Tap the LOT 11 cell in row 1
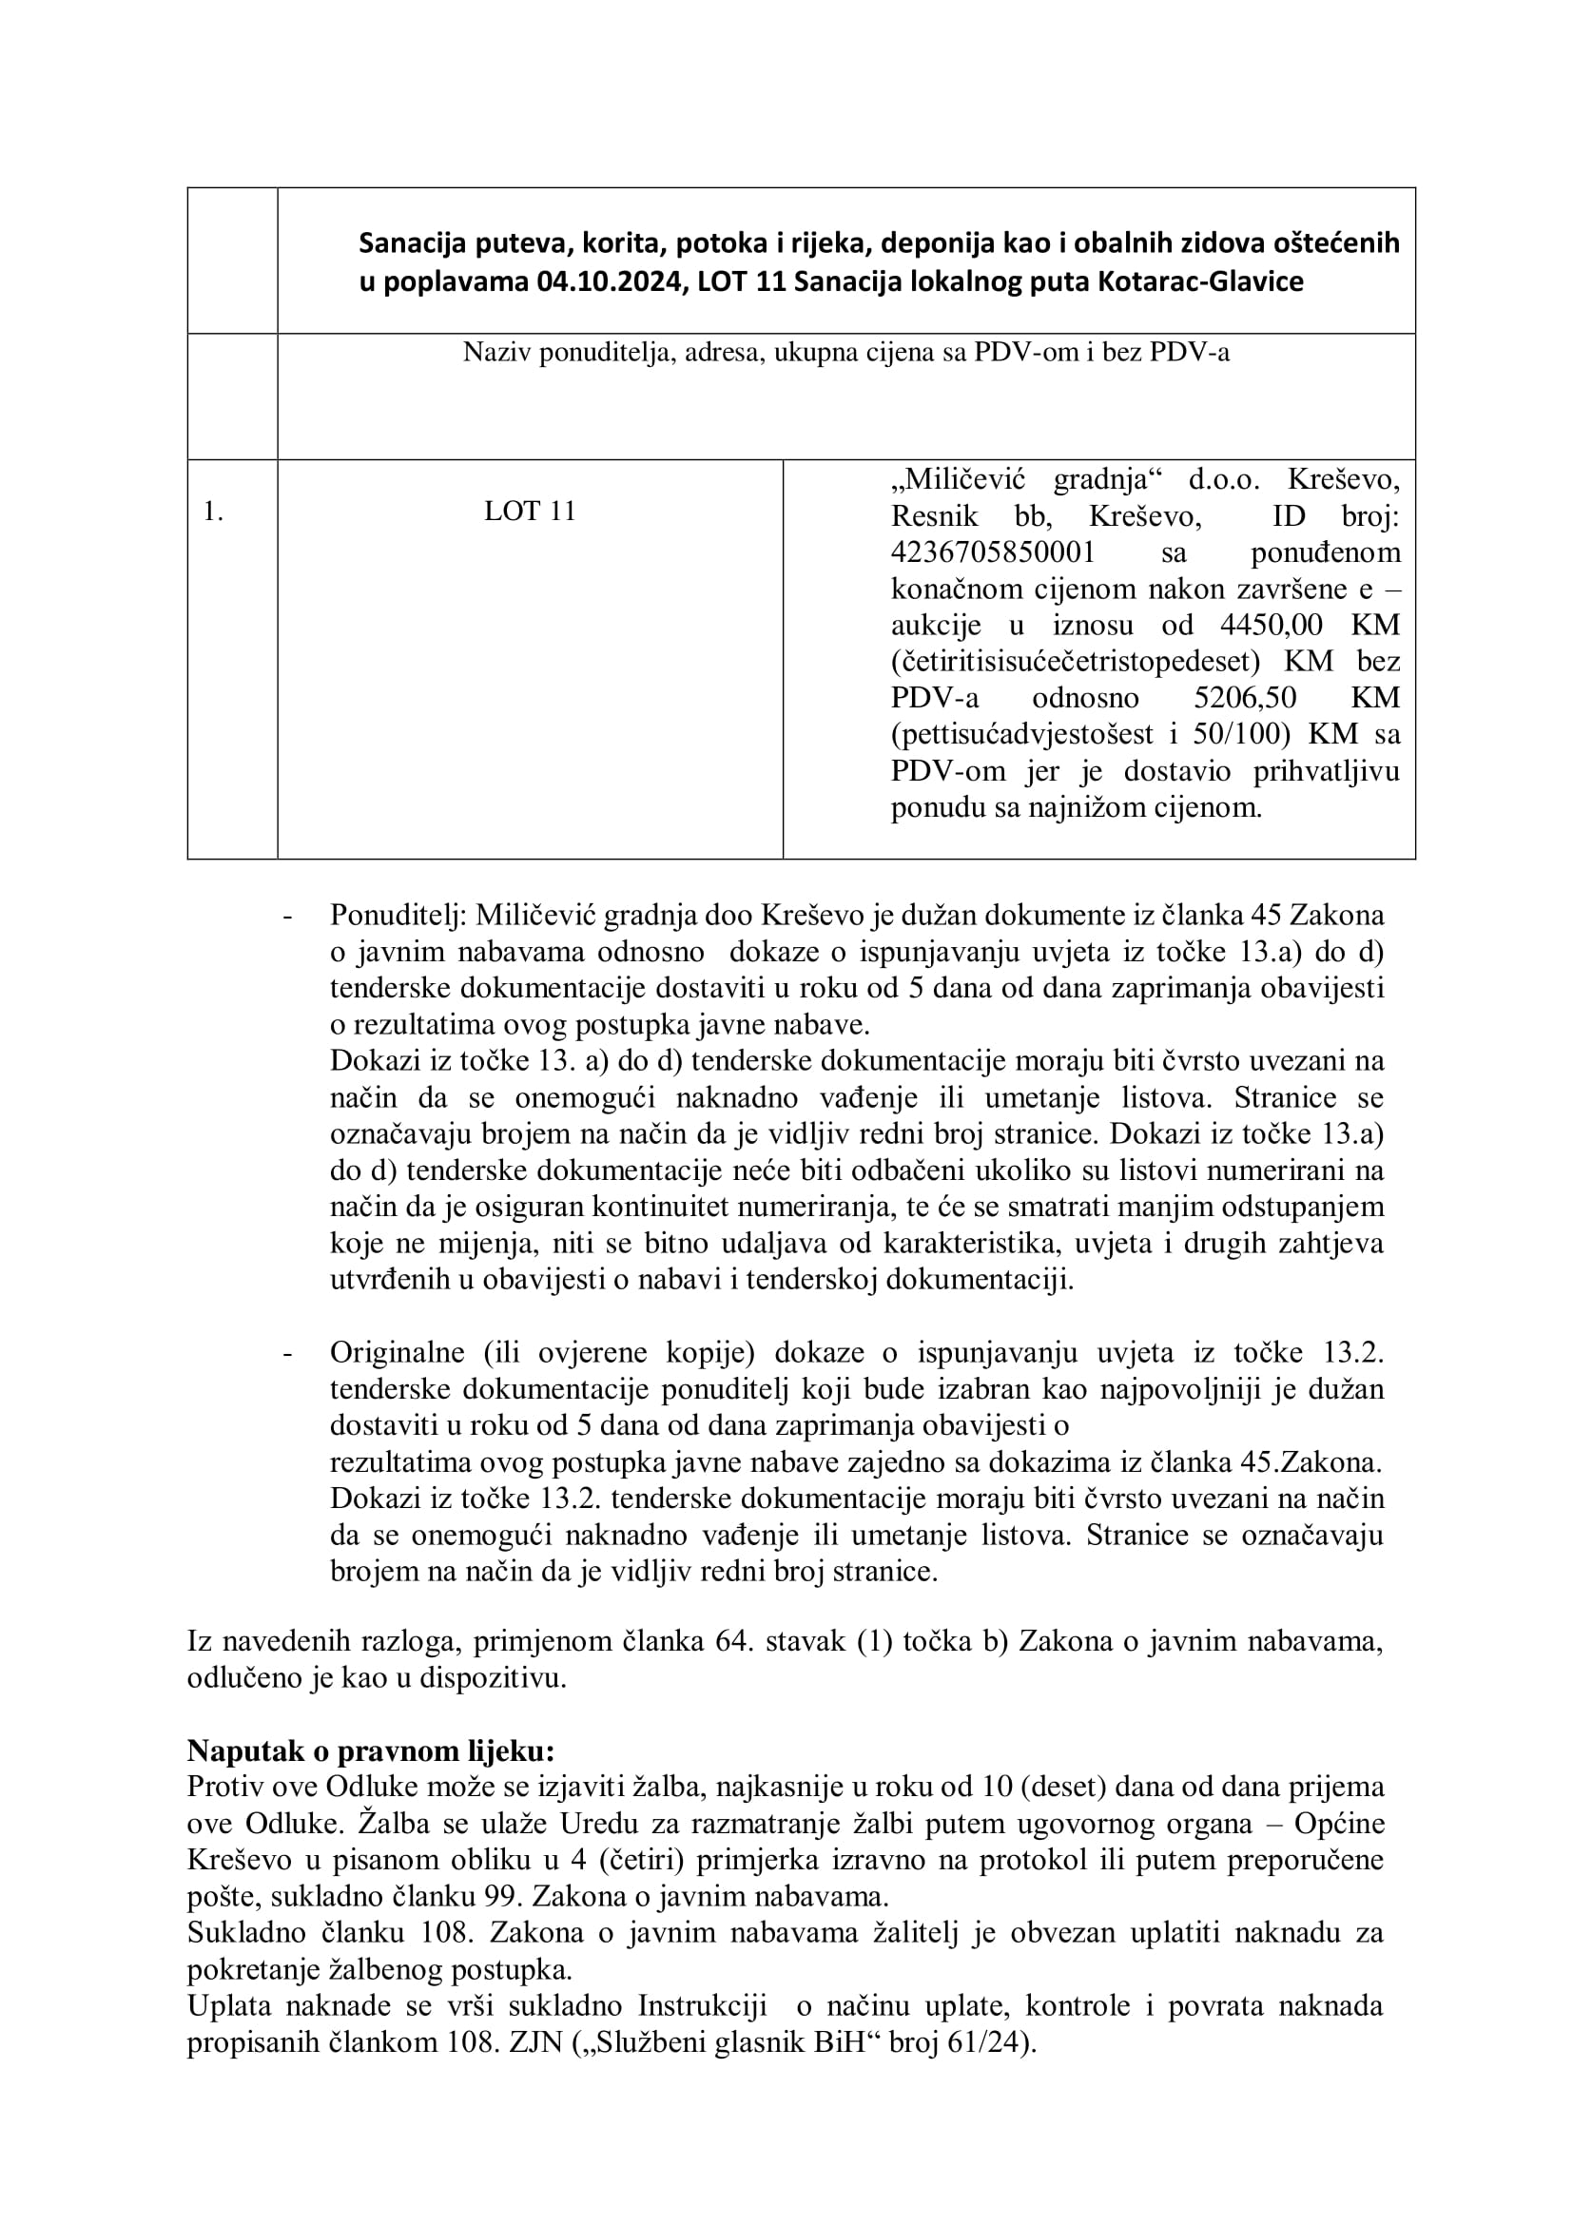(530, 512)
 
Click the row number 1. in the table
(213, 512)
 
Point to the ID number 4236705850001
(993, 552)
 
